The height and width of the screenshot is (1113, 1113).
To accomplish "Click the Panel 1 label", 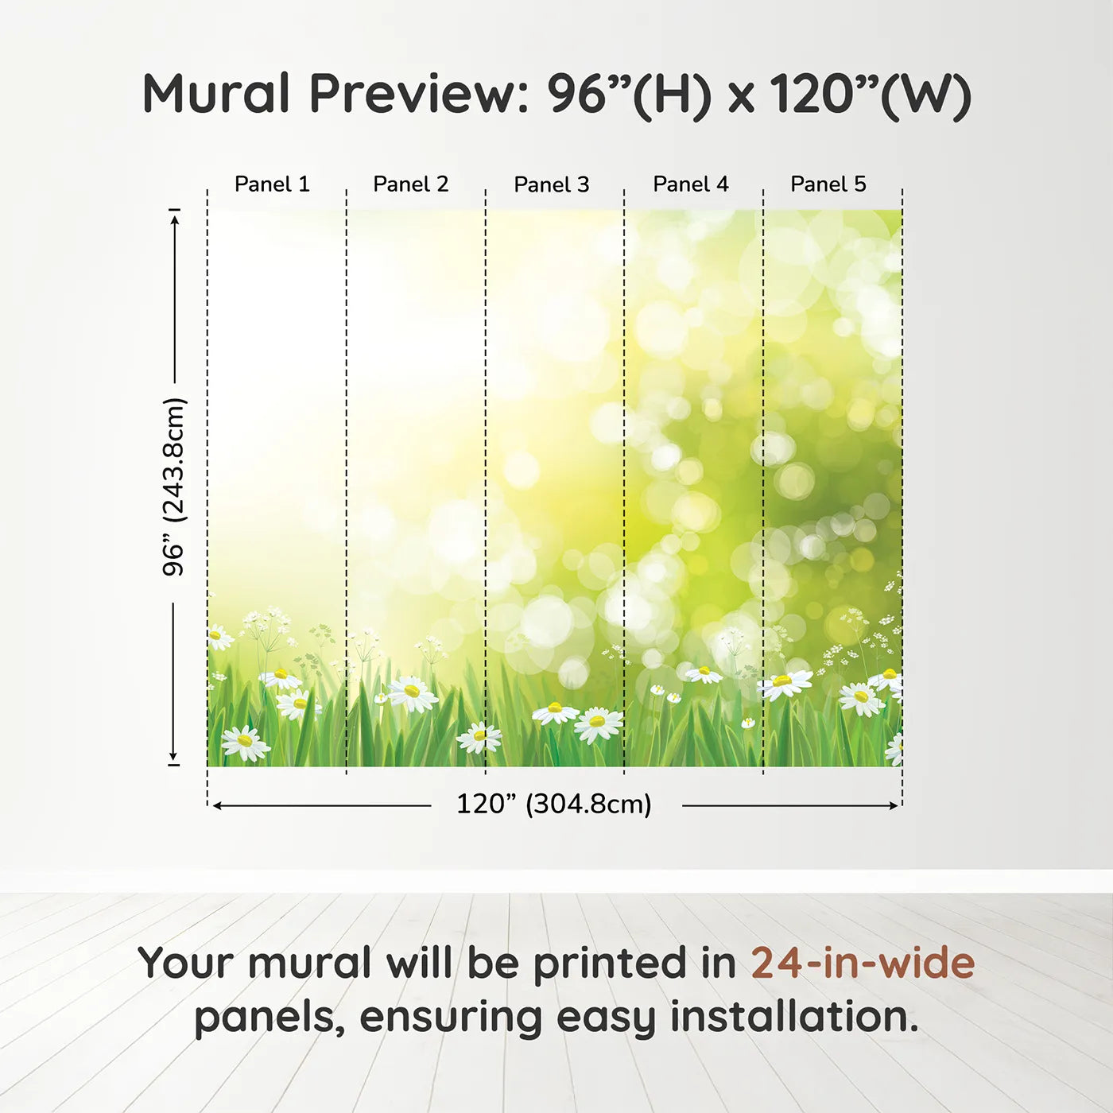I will (272, 184).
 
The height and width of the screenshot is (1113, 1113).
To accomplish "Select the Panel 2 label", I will (411, 184).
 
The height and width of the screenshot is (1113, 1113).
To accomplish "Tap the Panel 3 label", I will (552, 185).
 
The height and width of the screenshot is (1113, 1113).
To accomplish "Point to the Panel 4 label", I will (691, 184).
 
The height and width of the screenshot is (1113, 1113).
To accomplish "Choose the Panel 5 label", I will (828, 184).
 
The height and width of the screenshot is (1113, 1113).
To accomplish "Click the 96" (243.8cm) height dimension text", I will (174, 487).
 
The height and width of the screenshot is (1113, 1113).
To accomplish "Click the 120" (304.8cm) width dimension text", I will (554, 805).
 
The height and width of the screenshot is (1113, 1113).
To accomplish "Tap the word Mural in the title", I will (216, 94).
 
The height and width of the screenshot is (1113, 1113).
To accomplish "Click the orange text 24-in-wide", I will (863, 964).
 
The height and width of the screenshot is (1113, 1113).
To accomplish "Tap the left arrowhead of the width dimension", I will (217, 806).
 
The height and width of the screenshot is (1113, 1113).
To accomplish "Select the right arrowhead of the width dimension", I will (894, 806).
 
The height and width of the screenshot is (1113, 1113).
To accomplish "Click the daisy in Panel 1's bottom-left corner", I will (245, 743).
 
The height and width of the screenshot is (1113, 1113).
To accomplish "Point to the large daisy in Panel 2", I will (412, 693).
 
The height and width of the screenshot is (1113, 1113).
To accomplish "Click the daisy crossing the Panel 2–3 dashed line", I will (479, 737).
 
